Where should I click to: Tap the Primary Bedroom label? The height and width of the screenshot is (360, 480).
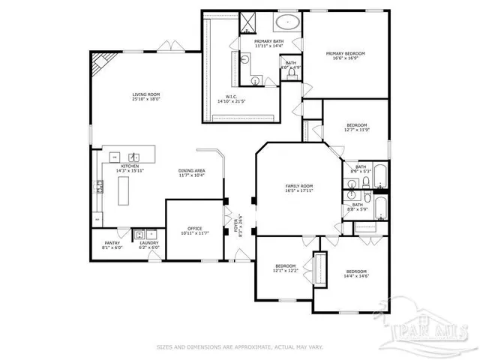tap(345, 54)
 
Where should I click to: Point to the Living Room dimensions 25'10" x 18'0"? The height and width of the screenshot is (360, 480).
tap(146, 100)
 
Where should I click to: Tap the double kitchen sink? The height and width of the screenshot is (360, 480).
tap(132, 157)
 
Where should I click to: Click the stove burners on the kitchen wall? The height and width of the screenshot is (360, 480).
tap(99, 187)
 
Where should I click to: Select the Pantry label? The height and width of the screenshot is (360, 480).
tap(112, 242)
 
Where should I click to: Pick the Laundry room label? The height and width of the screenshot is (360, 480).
tap(148, 242)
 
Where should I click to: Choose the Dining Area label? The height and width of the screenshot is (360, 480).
tap(192, 170)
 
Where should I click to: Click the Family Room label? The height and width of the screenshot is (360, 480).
tap(298, 185)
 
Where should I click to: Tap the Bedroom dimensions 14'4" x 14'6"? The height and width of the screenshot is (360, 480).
tap(356, 276)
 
